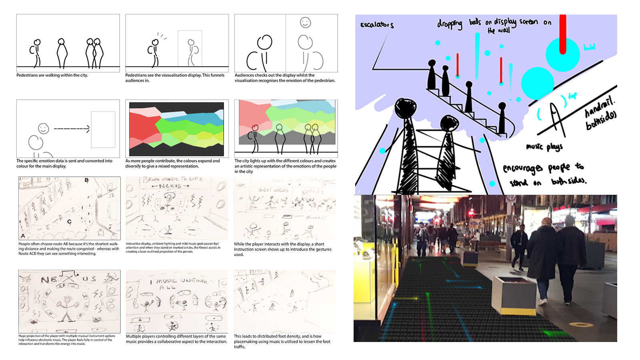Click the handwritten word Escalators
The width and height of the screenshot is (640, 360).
pyautogui.click(x=377, y=25)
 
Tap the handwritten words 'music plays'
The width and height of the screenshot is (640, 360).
pyautogui.click(x=544, y=147)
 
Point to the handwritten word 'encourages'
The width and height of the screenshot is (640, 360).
pyautogui.click(x=523, y=168)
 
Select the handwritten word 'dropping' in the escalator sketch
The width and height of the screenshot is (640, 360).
pyautogui.click(x=450, y=24)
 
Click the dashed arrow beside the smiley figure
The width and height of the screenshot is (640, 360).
pyautogui.click(x=72, y=129)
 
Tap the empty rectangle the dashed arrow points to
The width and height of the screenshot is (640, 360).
pyautogui.click(x=103, y=130)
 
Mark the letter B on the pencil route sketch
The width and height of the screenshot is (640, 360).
pyautogui.click(x=87, y=180)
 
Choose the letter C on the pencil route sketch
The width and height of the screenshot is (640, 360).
pyautogui.click(x=69, y=222)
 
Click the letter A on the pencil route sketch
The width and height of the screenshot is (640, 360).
pyautogui.click(x=23, y=236)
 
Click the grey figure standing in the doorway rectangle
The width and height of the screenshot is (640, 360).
pyautogui.click(x=192, y=52)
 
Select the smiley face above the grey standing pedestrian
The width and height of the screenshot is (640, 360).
pyautogui.click(x=306, y=23)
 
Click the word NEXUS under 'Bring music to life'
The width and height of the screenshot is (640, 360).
pyautogui.click(x=170, y=186)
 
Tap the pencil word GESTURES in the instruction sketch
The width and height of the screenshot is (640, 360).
pyautogui.click(x=273, y=190)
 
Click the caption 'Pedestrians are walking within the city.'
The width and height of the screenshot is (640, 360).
pyautogui.click(x=52, y=75)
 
